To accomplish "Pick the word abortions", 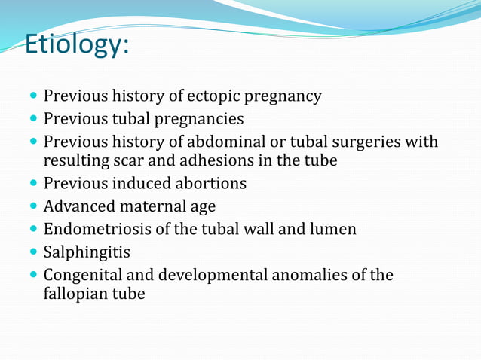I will (208, 183).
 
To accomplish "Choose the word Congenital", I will (81, 275).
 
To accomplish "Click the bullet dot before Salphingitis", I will (31, 252).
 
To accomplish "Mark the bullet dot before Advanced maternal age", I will (31, 206).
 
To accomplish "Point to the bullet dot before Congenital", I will (31, 275).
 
